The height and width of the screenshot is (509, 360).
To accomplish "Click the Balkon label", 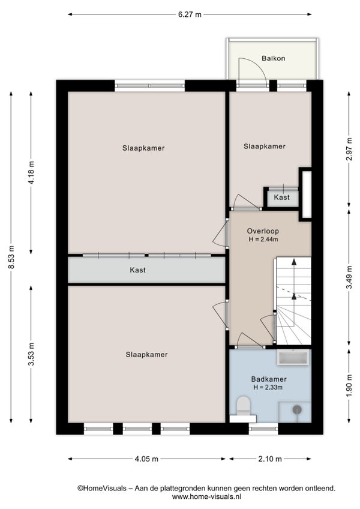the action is point(274,58).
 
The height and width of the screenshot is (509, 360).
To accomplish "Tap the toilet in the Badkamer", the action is point(243,405).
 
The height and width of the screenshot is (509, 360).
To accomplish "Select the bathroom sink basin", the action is point(293,358).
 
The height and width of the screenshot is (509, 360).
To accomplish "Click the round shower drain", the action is point(297,410).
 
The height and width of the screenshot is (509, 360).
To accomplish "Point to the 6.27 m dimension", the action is point(190,14).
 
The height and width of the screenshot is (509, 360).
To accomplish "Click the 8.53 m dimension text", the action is point(11,257).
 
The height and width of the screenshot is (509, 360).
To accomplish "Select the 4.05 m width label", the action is point(146,459).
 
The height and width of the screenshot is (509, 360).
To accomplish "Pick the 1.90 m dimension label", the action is point(349,385).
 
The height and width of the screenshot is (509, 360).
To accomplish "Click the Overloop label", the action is point(263,231).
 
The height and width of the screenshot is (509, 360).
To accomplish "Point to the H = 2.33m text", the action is point(268,387).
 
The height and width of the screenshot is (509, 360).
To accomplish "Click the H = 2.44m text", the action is point(263,239).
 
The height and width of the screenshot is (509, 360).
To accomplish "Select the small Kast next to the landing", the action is point(282,197).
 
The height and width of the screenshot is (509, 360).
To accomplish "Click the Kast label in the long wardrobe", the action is point(137,270).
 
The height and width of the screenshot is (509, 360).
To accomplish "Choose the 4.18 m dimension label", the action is point(31,173).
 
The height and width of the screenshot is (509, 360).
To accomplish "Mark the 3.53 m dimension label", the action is point(31,354).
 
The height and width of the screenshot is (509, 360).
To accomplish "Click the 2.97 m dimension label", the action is point(349,149).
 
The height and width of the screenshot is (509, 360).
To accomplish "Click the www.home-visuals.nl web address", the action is point(206,496).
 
